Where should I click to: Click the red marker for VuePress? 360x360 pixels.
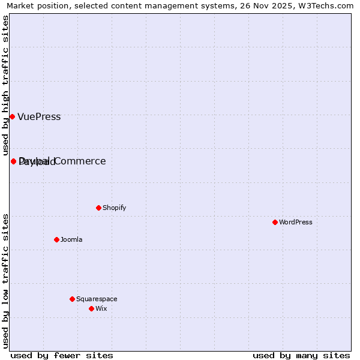point(12,116)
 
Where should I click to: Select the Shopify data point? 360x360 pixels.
point(98,208)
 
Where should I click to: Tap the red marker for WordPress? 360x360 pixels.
point(275,222)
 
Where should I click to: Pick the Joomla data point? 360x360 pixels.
point(56,239)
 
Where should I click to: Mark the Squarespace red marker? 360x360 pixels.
point(72,299)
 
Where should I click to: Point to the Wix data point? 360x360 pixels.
point(91,308)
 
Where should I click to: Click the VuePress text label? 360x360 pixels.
point(39,117)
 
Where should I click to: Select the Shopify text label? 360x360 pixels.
point(114,208)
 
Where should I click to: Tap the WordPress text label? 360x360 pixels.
point(296,223)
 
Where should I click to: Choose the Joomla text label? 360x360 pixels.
point(71,240)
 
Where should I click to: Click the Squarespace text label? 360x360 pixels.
point(97,299)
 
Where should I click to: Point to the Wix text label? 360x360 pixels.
point(101,309)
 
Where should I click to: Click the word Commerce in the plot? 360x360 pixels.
point(80,161)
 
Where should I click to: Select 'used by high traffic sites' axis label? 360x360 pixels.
point(6,85)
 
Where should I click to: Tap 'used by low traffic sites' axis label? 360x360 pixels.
point(6,280)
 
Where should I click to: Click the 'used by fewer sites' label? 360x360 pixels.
point(62,355)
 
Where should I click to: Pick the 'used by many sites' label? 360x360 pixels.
point(301,355)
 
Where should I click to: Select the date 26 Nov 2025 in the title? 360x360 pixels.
point(262,5)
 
